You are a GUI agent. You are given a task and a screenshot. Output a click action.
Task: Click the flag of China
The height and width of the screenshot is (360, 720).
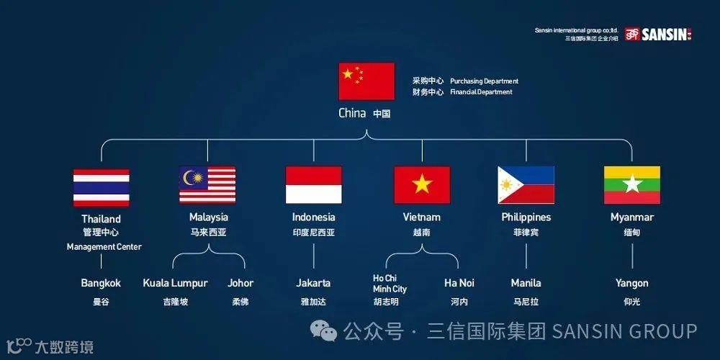tap(366, 81)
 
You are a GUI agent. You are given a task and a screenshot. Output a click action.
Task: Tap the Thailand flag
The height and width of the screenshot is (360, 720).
tap(102, 187)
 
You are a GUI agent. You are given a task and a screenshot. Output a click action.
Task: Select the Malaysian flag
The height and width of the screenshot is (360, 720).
tap(207, 185)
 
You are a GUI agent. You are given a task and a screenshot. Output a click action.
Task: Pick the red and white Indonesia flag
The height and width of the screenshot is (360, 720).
tap(313, 185)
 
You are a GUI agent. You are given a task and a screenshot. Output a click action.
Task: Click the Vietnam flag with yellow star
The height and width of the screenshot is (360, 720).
tap(422, 185)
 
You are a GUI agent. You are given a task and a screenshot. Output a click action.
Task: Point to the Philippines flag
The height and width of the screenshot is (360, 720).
tap(526, 185)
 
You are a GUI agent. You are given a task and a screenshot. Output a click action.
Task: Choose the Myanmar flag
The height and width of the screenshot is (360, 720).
tap(631, 185)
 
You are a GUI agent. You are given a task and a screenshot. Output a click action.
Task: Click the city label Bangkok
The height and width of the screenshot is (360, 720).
tap(101, 283)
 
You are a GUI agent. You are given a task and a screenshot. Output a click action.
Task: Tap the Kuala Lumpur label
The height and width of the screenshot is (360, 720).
tap(175, 283)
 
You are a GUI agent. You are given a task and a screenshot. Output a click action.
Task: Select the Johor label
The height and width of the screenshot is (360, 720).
tap(240, 283)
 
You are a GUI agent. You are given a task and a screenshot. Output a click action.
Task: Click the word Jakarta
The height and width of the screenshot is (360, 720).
tap(313, 283)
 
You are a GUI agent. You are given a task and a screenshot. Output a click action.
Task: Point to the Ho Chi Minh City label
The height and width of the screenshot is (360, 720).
tap(390, 284)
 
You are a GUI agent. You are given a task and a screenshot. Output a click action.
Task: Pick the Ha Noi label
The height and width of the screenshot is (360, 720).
tap(459, 283)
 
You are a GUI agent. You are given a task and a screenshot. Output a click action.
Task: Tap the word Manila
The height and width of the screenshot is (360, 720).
tap(526, 283)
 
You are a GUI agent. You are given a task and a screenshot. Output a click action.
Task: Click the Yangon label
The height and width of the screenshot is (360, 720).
tap(631, 283)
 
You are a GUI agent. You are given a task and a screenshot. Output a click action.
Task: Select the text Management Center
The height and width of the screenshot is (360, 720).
tap(104, 247)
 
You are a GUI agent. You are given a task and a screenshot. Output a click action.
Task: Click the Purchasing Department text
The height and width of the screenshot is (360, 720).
tap(484, 81)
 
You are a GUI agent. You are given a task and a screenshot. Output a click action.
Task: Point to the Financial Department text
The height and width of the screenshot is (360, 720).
tap(481, 92)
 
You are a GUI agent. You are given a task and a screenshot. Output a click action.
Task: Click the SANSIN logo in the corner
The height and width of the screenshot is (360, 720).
tap(657, 34)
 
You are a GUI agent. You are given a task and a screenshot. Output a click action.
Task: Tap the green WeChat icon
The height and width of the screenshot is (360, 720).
tap(324, 331)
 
